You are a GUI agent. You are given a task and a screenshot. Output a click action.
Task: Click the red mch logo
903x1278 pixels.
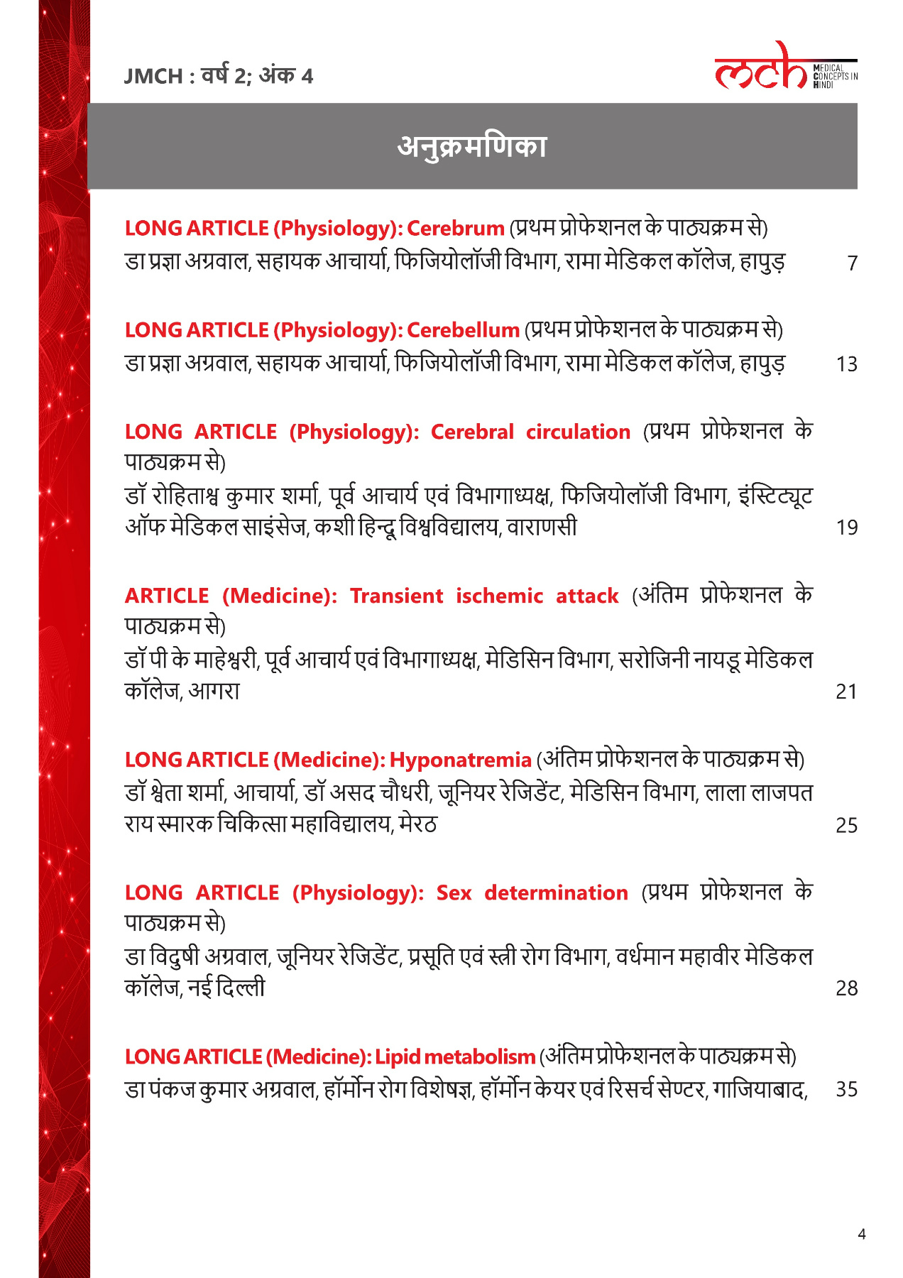(x=761, y=67)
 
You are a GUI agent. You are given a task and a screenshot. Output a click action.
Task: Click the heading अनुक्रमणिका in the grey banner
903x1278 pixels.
(x=472, y=146)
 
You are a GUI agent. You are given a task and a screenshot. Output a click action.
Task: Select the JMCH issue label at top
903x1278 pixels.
(x=218, y=75)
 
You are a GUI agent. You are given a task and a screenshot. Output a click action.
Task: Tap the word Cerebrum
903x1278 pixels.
(x=456, y=229)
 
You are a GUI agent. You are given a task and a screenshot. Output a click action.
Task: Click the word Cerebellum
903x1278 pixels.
(x=463, y=330)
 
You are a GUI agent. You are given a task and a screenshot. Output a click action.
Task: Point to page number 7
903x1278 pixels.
(x=853, y=263)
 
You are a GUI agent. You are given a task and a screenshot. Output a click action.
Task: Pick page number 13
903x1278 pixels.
(x=847, y=364)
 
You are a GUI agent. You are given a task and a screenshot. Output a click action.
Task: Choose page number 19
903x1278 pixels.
(x=847, y=528)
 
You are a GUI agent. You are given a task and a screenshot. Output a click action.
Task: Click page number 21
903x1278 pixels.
(x=847, y=692)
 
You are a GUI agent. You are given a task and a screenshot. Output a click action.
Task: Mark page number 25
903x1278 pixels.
(x=847, y=825)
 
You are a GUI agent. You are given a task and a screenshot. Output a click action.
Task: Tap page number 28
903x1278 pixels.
(x=847, y=988)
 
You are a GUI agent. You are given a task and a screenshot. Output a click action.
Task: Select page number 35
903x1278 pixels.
(x=847, y=1089)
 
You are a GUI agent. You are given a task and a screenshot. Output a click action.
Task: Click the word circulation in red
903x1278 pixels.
(x=578, y=432)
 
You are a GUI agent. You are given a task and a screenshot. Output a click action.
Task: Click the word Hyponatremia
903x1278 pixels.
(x=460, y=760)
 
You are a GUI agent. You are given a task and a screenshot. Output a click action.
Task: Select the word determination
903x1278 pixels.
(x=556, y=892)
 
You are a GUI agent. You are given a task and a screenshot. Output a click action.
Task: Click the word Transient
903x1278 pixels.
(x=396, y=596)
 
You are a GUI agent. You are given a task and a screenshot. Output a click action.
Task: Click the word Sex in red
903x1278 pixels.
(x=454, y=892)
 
